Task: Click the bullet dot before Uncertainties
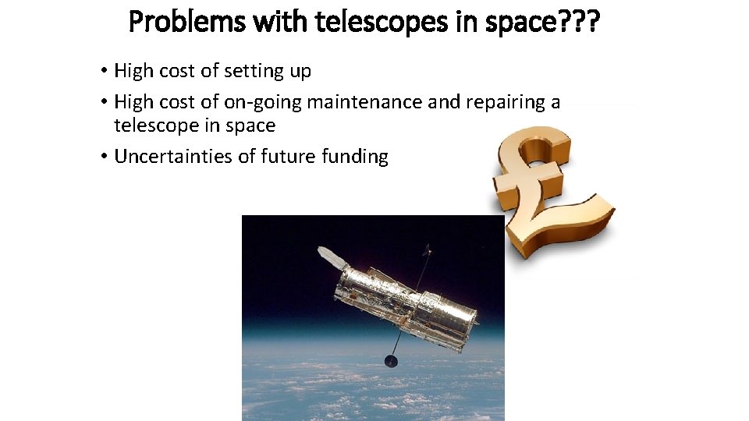pos(104,157)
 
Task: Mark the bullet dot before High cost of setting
pos(104,71)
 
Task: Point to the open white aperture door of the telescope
pos(331,256)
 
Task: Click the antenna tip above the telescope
pos(426,249)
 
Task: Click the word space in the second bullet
pos(250,126)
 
